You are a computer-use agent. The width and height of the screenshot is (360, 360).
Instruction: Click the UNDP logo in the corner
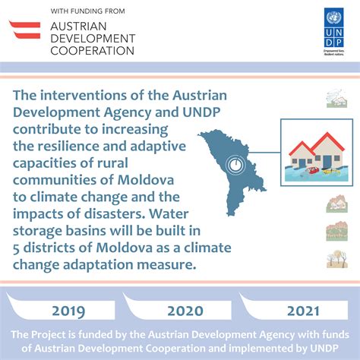[333, 32]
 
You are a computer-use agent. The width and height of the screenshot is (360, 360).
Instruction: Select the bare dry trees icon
[336, 259]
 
